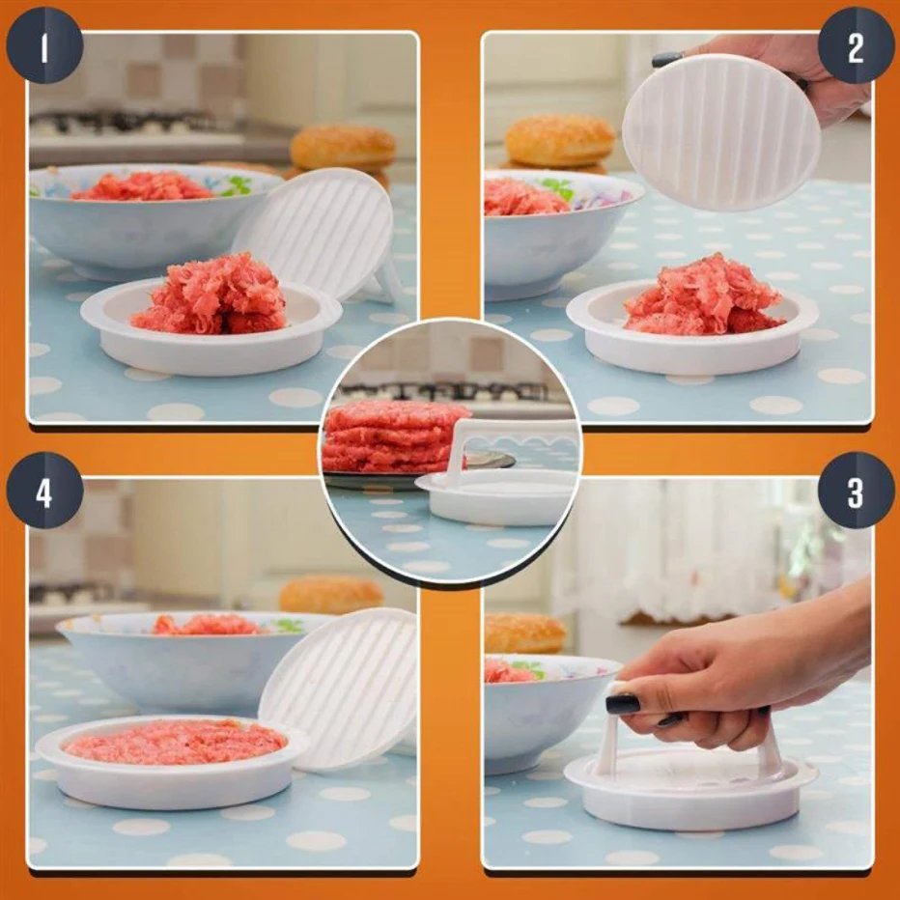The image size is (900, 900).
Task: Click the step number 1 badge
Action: click(44, 45)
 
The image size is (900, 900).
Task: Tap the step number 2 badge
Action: click(856, 45)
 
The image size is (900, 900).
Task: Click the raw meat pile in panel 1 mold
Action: click(213, 295)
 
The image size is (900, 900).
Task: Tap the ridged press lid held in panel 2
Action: click(720, 131)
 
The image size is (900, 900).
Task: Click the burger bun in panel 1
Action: click(343, 148)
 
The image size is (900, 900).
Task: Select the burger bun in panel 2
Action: click(559, 141)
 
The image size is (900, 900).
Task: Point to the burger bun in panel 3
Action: click(524, 633)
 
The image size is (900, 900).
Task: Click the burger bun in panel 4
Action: click(330, 594)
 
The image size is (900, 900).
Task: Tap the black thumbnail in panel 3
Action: click(623, 704)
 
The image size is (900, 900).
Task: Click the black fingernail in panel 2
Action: click(666, 60)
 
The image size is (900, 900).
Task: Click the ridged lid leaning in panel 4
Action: click(338, 686)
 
